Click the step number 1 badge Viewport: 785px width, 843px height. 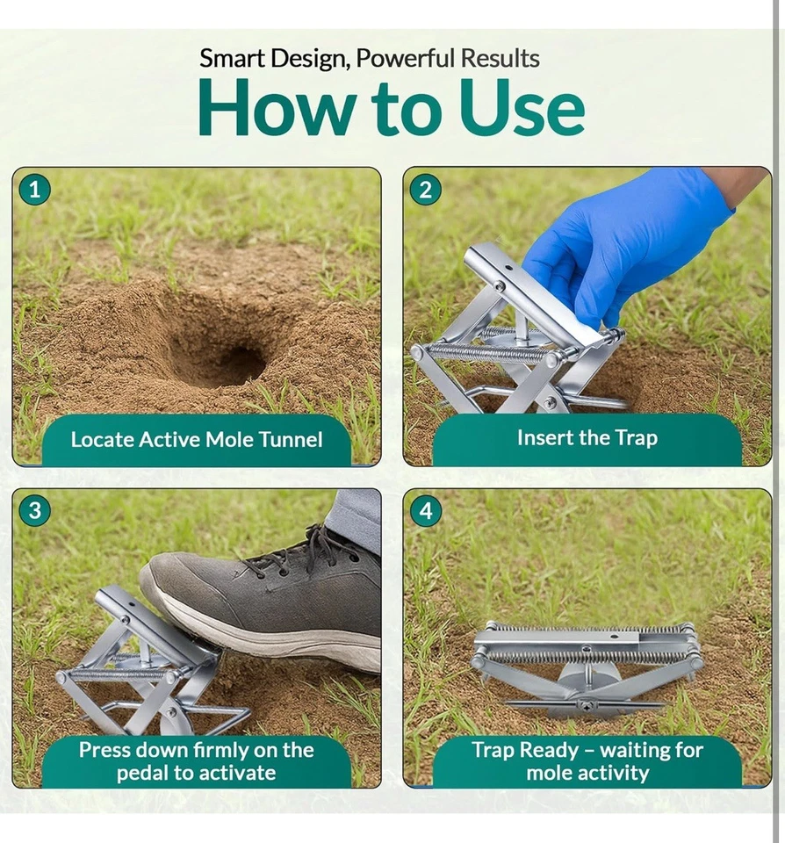35,190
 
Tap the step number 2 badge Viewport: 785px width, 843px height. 425,190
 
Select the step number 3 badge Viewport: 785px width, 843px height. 35,510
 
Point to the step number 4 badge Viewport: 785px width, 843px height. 425,510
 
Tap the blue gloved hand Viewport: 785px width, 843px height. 623,242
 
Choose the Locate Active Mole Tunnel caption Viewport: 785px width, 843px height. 197,440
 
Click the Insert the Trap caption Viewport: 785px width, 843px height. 587,437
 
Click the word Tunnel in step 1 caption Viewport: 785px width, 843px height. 291,440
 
